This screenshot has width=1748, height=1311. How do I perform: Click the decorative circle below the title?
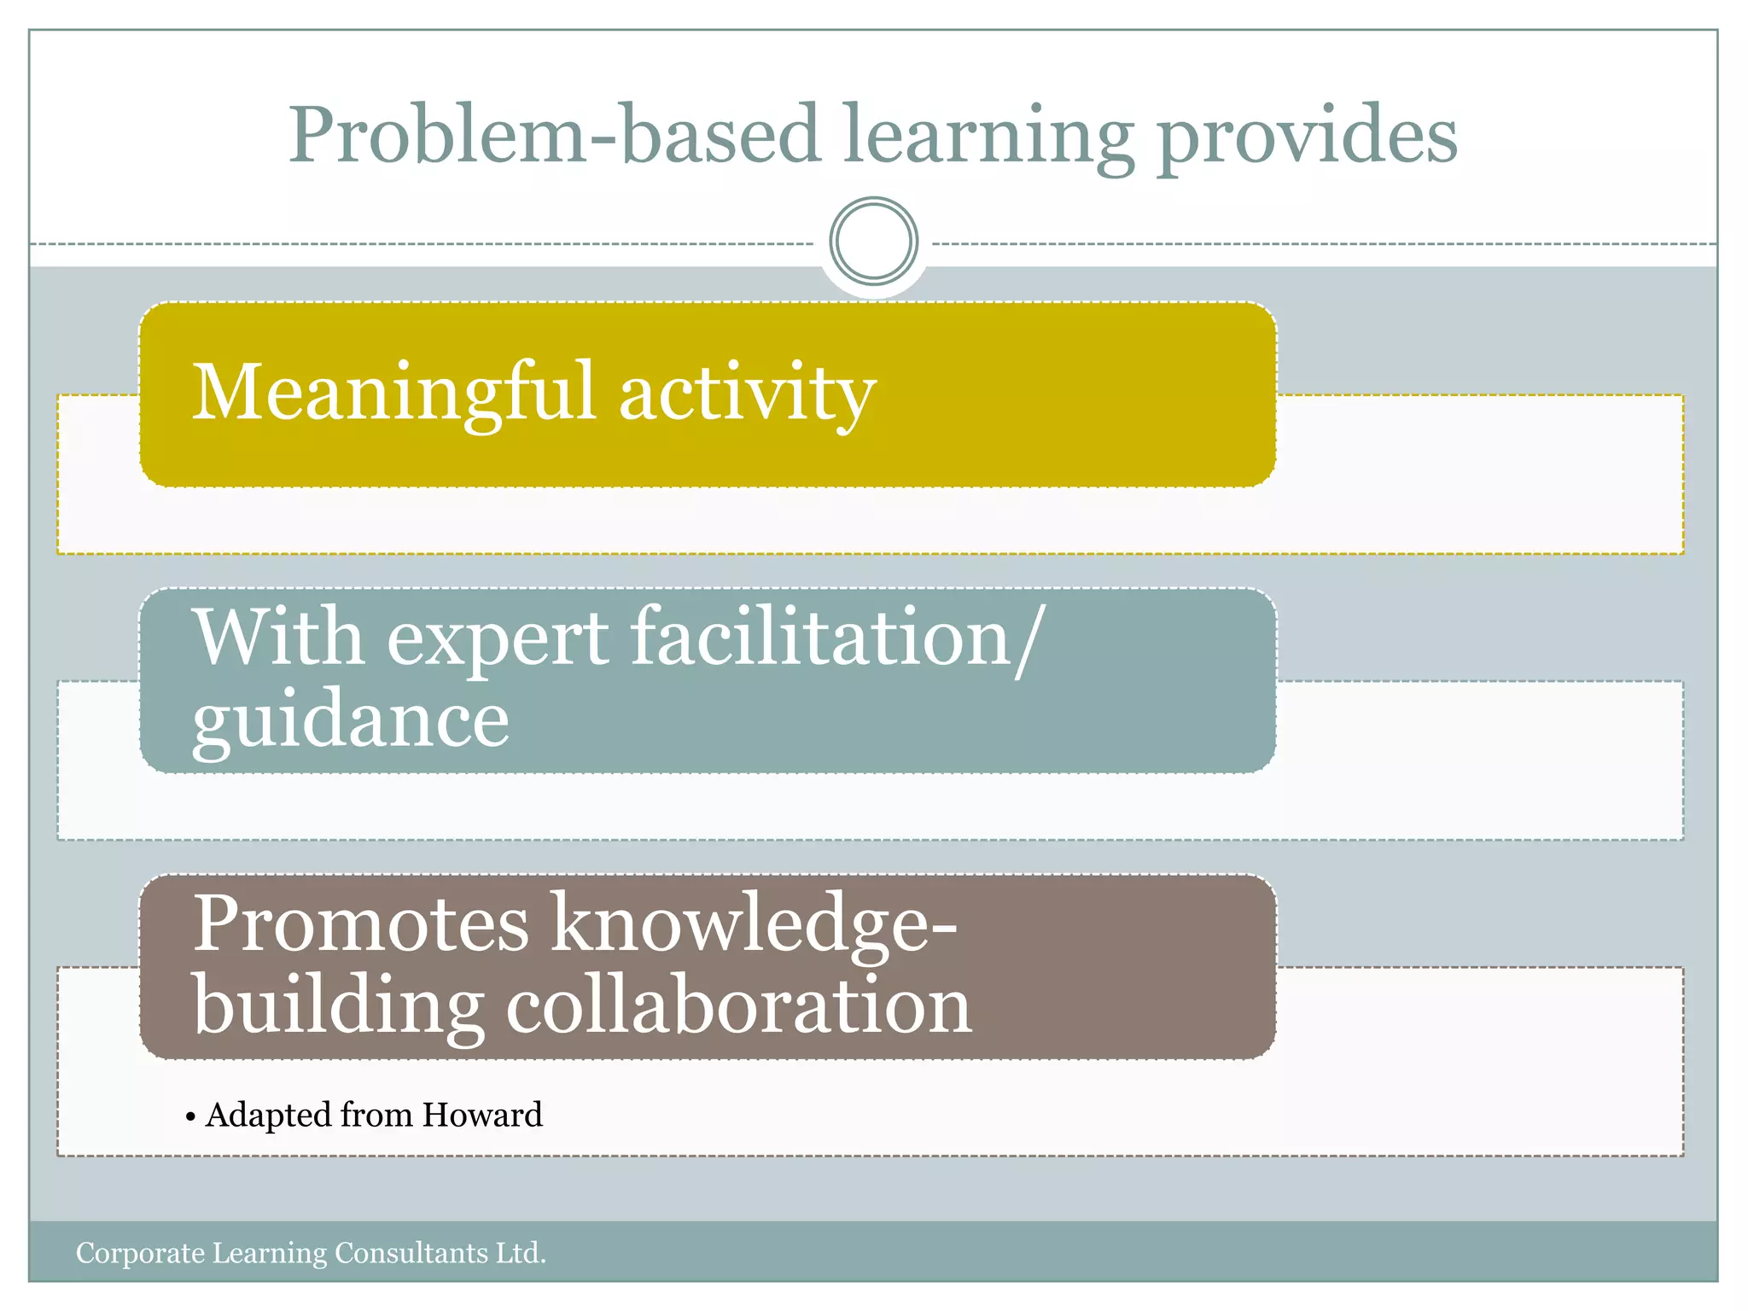click(x=873, y=241)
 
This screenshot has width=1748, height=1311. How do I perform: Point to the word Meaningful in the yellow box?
click(x=393, y=393)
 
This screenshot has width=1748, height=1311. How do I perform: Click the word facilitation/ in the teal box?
click(x=836, y=638)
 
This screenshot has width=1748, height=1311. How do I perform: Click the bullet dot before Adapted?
click(x=190, y=1117)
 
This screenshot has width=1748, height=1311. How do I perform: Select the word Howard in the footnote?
click(x=482, y=1115)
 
